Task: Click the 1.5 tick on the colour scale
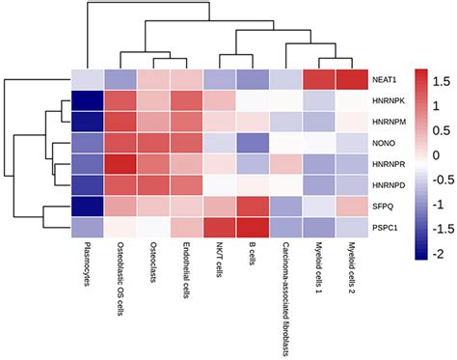(x=444, y=77)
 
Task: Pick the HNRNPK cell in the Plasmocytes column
(x=89, y=101)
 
